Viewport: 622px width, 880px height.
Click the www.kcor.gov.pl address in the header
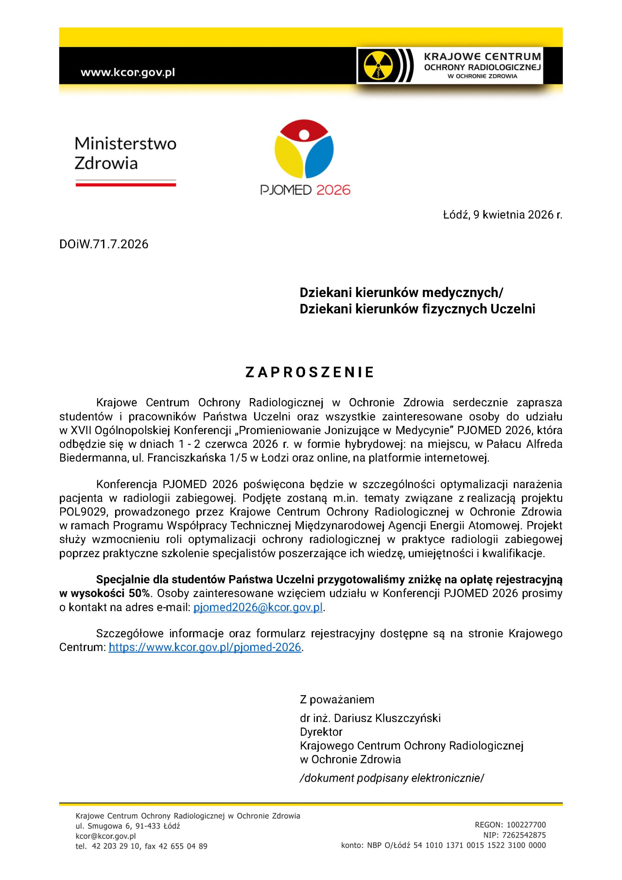[x=127, y=72]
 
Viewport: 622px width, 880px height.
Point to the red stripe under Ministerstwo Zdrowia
[x=126, y=184]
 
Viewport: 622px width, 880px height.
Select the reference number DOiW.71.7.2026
[x=103, y=244]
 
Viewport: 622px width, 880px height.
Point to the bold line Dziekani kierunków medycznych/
[x=401, y=293]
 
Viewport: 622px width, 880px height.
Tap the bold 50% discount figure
[x=140, y=593]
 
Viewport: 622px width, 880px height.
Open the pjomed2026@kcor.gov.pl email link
[x=258, y=607]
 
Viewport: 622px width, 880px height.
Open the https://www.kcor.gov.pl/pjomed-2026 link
[x=205, y=647]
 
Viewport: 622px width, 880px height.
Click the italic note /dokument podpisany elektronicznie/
[x=392, y=778]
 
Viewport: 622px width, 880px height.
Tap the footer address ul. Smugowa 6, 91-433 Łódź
[x=127, y=826]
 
